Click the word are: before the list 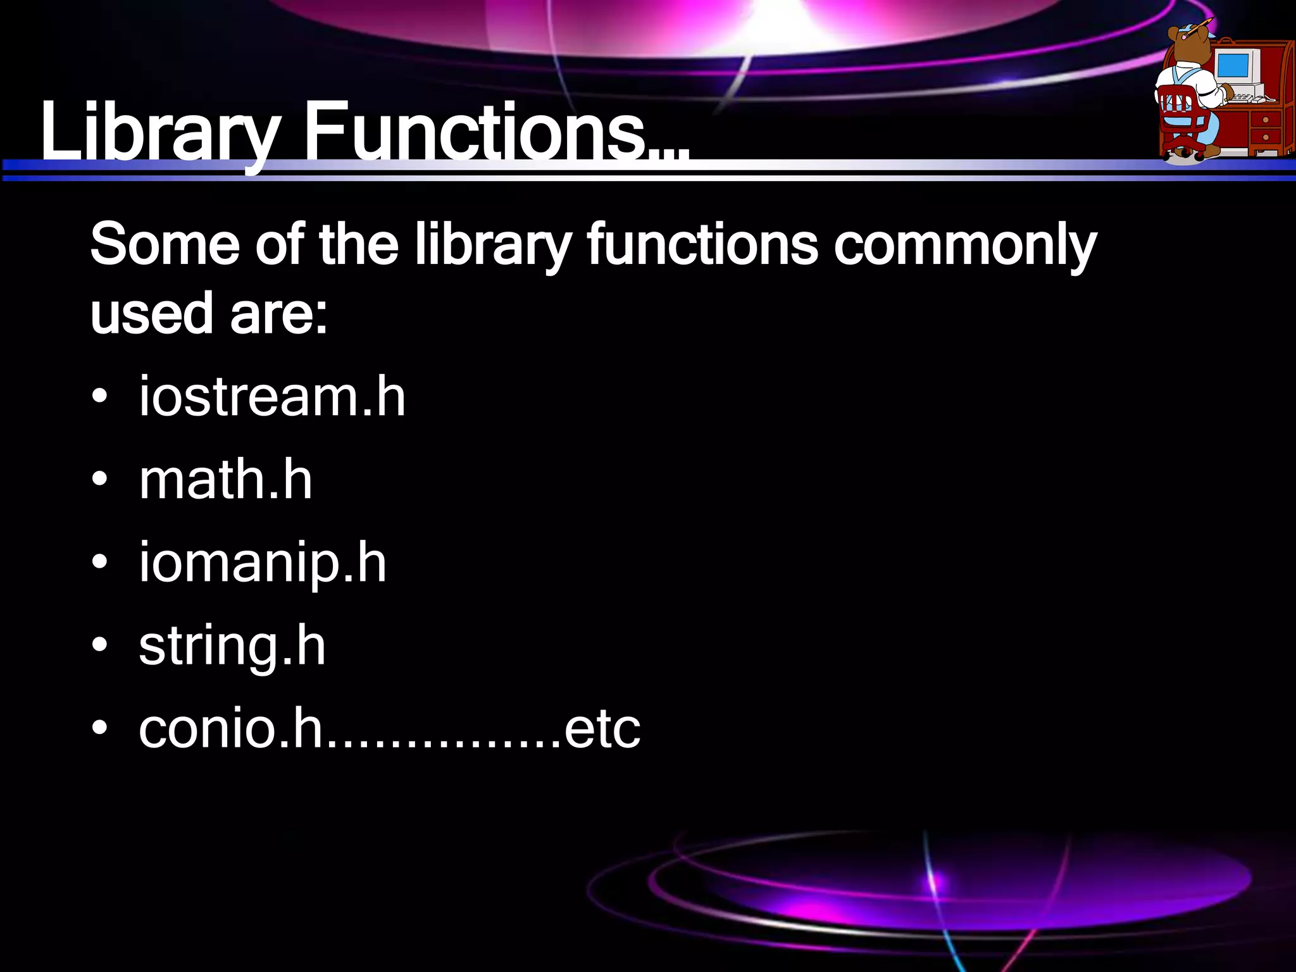(x=279, y=314)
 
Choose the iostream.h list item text (x=272, y=396)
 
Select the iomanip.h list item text (x=263, y=563)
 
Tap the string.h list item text (x=232, y=647)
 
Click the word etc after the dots (x=602, y=729)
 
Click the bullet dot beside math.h (x=99, y=481)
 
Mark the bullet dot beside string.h (x=99, y=647)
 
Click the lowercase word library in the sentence (x=493, y=246)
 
